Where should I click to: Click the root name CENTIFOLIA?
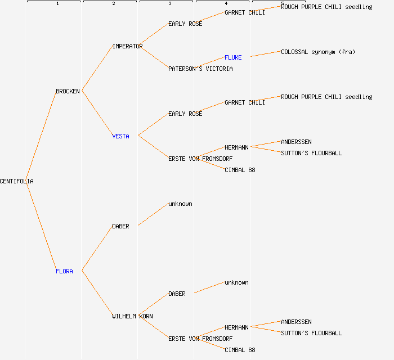pos(17,181)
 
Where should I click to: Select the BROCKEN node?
pos(68,91)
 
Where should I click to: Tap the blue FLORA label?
pos(64,271)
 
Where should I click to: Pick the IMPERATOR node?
pos(127,46)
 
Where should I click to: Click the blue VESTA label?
pos(120,136)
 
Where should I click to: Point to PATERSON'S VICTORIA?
pos(200,69)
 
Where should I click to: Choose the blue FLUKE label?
pos(233,57)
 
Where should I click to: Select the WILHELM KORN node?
pos(132,316)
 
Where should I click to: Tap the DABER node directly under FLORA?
pos(120,226)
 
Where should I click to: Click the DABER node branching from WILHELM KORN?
pos(177,294)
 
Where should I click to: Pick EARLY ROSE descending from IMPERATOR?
pos(185,24)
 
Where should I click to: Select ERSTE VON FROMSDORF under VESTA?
pos(200,159)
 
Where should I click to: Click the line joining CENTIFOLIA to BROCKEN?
pos(41,136)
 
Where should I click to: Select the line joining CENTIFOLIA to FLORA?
pos(41,226)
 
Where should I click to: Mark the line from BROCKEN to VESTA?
pos(97,113)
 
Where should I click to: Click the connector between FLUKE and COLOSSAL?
pos(266,54)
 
